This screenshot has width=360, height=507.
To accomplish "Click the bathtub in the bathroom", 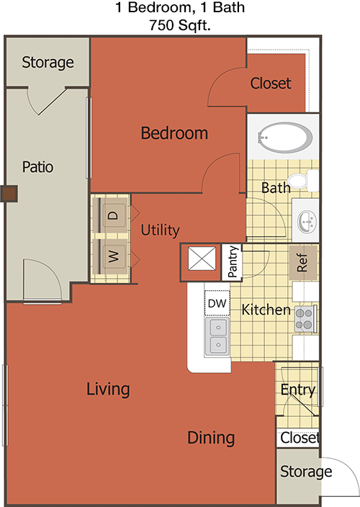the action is [x=284, y=138].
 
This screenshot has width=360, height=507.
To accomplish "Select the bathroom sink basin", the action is [x=307, y=221].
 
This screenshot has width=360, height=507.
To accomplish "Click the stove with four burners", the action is [x=305, y=318].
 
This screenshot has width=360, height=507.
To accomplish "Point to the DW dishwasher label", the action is [x=217, y=303].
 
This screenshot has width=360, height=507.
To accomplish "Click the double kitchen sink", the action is [x=217, y=336].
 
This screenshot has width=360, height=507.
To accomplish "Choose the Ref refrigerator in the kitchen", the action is [x=303, y=263].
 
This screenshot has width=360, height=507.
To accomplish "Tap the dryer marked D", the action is [x=112, y=215].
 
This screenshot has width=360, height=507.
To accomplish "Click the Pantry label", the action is [x=233, y=261].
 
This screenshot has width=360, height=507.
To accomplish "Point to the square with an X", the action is [x=202, y=259].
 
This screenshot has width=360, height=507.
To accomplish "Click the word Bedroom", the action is [x=174, y=133].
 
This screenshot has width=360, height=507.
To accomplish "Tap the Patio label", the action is [x=37, y=167].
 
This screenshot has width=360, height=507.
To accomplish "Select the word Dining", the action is [x=211, y=438].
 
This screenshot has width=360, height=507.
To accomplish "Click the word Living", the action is [x=108, y=390].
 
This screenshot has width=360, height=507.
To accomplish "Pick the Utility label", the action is [x=160, y=230].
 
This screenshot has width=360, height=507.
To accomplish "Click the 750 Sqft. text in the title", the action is [x=180, y=25].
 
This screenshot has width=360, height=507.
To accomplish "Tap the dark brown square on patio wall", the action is [x=9, y=194].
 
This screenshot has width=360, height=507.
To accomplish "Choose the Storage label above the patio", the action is [x=48, y=63].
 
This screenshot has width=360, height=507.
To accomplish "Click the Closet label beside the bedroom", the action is [x=271, y=83].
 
